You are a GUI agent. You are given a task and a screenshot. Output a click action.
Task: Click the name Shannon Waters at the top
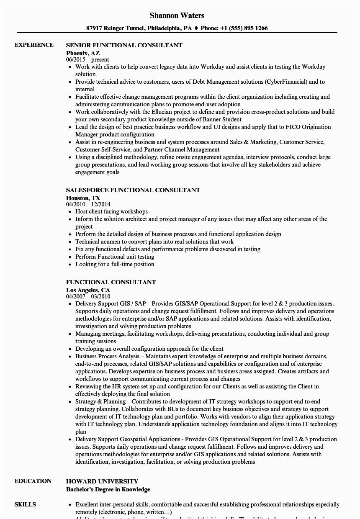pos(177,15)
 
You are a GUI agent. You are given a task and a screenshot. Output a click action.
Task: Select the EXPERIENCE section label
pos(34,45)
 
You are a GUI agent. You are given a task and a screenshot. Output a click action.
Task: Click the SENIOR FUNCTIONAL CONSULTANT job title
pos(124,45)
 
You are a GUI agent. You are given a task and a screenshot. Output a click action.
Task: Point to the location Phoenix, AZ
pos(83,53)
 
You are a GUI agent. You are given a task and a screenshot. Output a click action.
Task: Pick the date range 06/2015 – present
pos(87,60)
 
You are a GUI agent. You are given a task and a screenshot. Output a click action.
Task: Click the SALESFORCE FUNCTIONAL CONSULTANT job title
pos(133,190)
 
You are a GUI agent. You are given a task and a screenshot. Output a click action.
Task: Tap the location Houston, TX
pos(83,198)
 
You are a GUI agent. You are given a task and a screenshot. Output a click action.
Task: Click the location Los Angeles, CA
pos(87,290)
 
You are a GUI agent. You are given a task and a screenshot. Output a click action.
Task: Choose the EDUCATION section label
pos(33,481)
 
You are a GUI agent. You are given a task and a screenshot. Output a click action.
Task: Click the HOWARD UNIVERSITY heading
pos(102,481)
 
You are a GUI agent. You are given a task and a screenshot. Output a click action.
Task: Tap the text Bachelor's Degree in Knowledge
pos(108,489)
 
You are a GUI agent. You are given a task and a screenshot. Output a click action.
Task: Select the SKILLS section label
pos(25,504)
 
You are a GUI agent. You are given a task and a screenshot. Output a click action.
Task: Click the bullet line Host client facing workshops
pos(111,212)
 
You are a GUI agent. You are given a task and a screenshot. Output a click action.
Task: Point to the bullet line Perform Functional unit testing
pos(115,257)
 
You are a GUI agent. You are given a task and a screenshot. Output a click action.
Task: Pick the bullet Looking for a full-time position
pos(115,265)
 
